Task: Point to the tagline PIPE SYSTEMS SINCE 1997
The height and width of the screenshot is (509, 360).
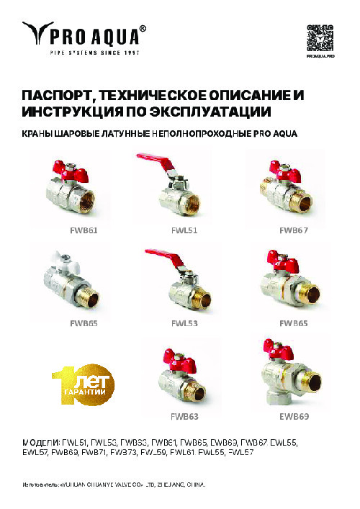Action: point(94,52)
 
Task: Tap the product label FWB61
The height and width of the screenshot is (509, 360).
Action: point(83,230)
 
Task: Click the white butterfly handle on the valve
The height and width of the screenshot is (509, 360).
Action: point(70,261)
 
